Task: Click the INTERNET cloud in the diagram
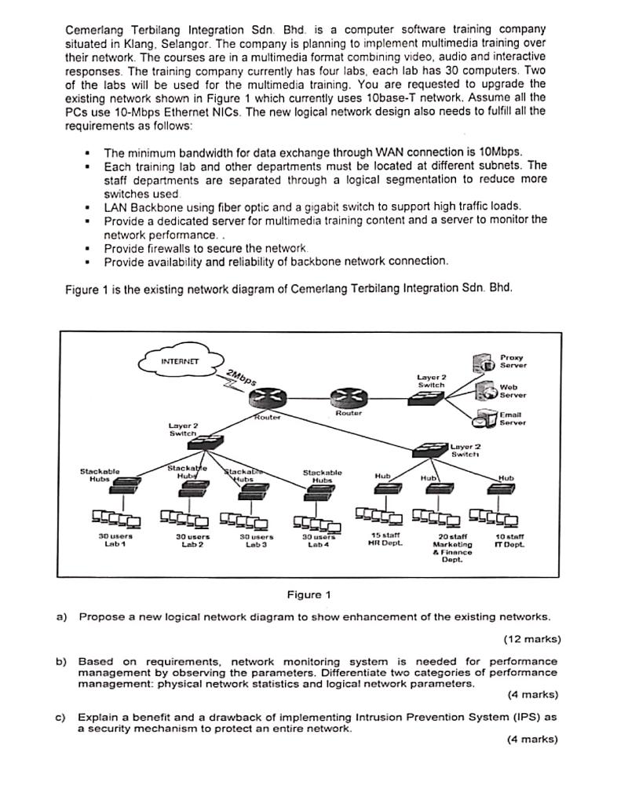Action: [181, 362]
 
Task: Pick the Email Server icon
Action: [487, 415]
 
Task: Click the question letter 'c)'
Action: [61, 716]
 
